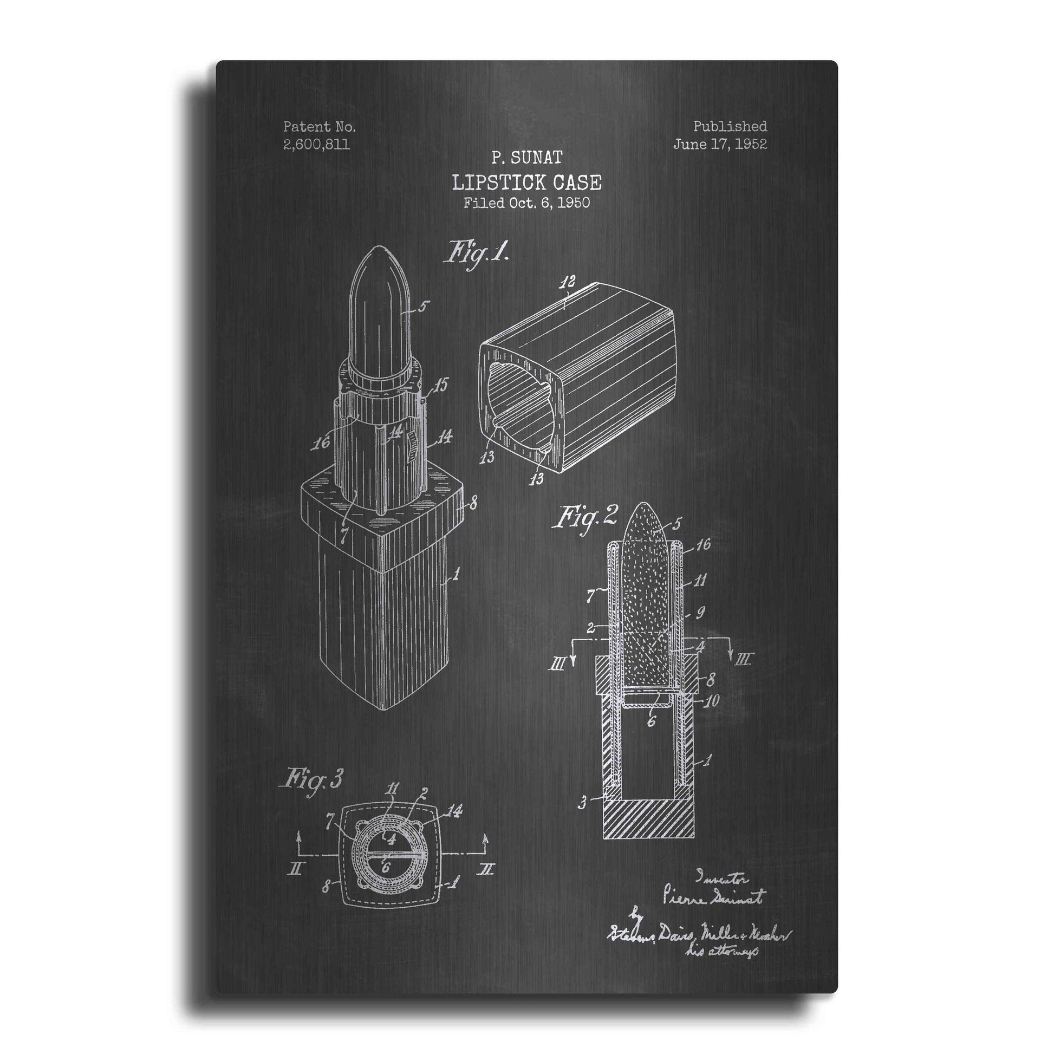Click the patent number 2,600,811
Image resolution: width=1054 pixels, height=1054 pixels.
pos(316,145)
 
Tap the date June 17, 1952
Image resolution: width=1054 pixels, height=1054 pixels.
pos(720,144)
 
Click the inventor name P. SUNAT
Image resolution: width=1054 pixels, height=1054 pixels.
pos(526,158)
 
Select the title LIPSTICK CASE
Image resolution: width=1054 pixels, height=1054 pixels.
pos(526,182)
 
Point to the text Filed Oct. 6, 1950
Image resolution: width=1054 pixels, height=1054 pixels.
pos(526,203)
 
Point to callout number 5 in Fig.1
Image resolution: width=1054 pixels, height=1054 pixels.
pos(423,307)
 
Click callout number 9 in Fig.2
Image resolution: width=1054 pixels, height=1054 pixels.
pos(700,613)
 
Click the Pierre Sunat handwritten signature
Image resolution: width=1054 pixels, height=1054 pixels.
pos(713,897)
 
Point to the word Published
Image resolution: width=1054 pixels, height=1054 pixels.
pos(730,127)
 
